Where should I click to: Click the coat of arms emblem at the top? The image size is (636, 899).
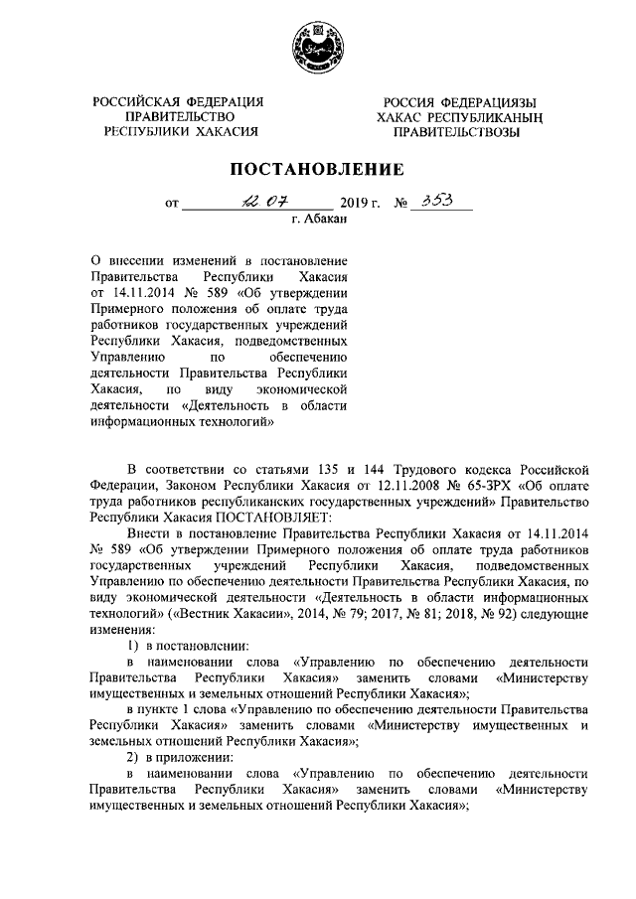pos(318,46)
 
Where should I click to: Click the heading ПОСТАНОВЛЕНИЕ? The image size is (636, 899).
pos(317,168)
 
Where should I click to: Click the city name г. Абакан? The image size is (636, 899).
pos(317,222)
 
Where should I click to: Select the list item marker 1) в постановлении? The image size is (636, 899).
pos(136,645)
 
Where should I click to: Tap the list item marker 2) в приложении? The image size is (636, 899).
pos(136,756)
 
